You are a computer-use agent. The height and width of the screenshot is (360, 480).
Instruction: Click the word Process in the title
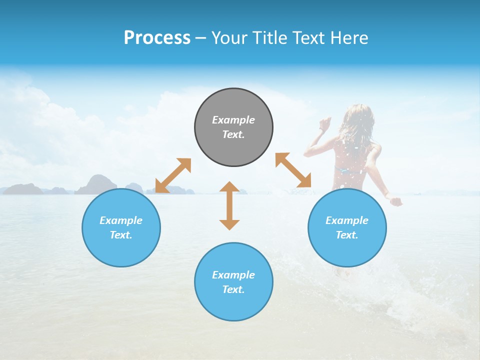click(x=157, y=38)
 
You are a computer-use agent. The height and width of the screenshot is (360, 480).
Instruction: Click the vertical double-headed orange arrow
click(x=229, y=205)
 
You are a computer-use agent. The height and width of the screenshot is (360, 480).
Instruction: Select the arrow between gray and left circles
click(x=173, y=175)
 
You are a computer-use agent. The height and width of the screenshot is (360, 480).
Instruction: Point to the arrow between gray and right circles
click(x=293, y=170)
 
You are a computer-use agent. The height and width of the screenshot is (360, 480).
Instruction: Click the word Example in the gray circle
click(x=233, y=120)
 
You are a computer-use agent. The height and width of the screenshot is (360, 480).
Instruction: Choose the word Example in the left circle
click(x=121, y=220)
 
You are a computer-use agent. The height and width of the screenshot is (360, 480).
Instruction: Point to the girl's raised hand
click(x=326, y=122)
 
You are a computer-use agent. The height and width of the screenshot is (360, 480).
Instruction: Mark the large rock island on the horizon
click(x=95, y=184)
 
